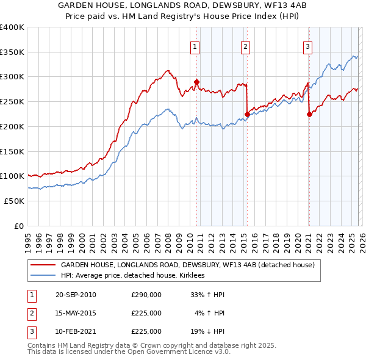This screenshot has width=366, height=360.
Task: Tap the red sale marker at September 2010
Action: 196,81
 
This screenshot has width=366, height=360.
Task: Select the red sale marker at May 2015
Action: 247,113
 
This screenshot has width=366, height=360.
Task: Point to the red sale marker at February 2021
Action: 309,113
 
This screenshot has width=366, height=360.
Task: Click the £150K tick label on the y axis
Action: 12,151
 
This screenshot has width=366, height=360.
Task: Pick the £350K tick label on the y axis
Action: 12,52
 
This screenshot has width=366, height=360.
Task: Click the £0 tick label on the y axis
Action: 18,226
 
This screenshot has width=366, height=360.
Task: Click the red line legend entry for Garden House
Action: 187,265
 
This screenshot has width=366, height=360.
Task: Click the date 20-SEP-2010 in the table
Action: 76,295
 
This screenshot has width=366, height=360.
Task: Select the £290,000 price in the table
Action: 146,295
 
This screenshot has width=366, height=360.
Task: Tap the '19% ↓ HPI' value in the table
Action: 207,331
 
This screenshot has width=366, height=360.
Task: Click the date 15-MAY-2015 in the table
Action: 76,313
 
